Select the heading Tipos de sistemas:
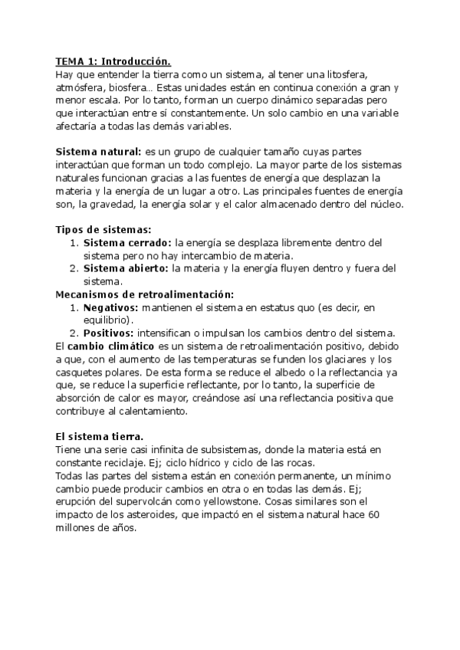(103, 229)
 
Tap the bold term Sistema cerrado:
(127, 242)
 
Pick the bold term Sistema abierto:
(126, 268)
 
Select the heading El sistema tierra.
(105, 437)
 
